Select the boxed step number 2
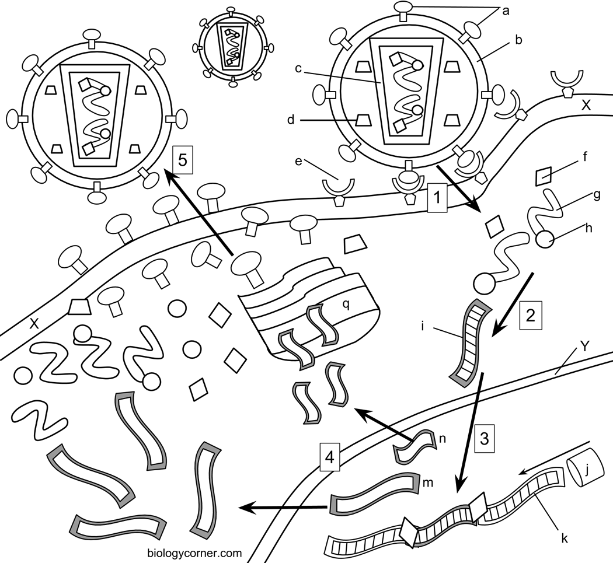click(530, 315)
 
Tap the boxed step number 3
click(484, 436)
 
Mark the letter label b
click(518, 41)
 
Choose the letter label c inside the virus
click(298, 68)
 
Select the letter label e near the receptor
click(299, 160)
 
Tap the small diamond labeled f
click(544, 176)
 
